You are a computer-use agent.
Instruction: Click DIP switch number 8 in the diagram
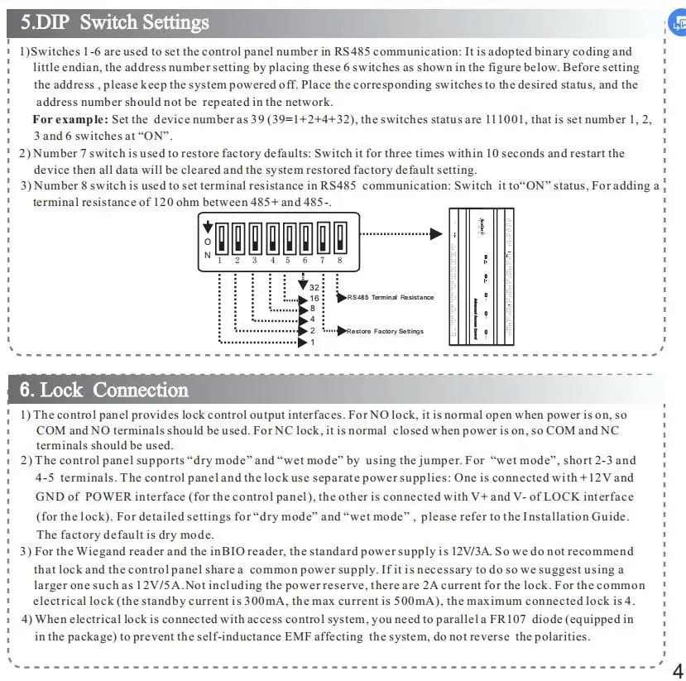pyautogui.click(x=339, y=239)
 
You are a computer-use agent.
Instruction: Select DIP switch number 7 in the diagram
pyautogui.click(x=323, y=239)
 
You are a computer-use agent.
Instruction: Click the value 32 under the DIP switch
pyautogui.click(x=314, y=287)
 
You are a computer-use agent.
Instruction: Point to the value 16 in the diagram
pyautogui.click(x=314, y=298)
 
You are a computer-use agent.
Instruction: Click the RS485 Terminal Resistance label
pyautogui.click(x=390, y=298)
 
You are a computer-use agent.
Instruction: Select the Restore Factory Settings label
pyautogui.click(x=385, y=331)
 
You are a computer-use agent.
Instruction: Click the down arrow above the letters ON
pyautogui.click(x=207, y=225)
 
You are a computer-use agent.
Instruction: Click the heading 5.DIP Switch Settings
pyautogui.click(x=115, y=22)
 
